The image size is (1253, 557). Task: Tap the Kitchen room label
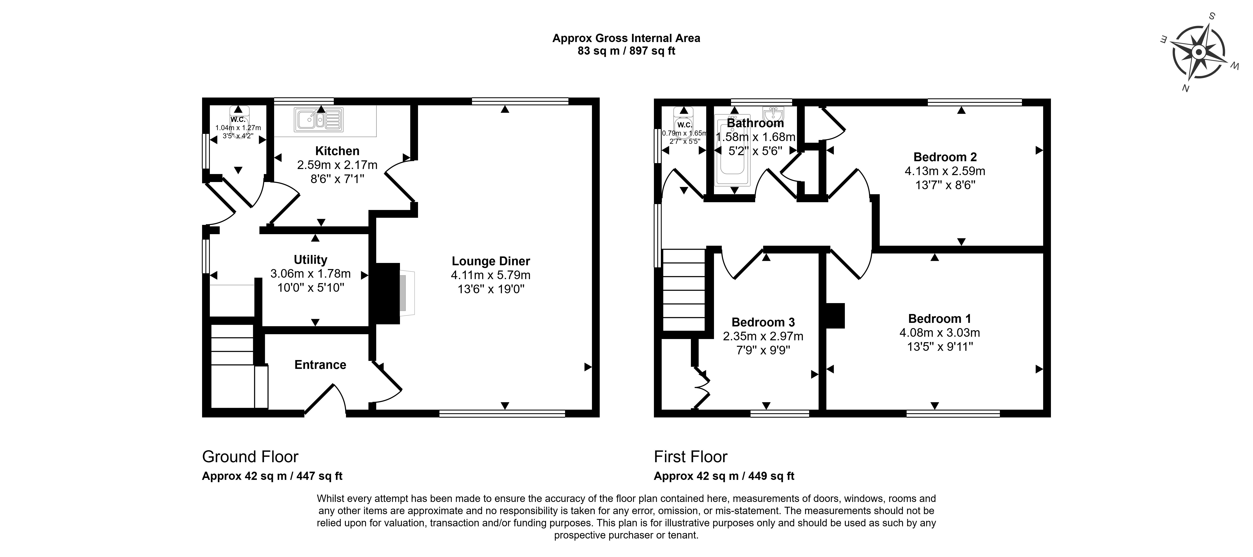point(337,151)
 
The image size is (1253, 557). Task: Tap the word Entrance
point(320,365)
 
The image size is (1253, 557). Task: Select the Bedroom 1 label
point(940,319)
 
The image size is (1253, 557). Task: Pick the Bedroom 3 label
point(763,322)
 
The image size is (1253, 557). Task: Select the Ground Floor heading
point(250,457)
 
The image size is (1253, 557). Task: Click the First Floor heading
point(691,457)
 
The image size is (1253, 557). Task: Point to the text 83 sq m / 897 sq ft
point(626,51)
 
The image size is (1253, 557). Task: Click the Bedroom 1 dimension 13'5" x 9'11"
point(940,347)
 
